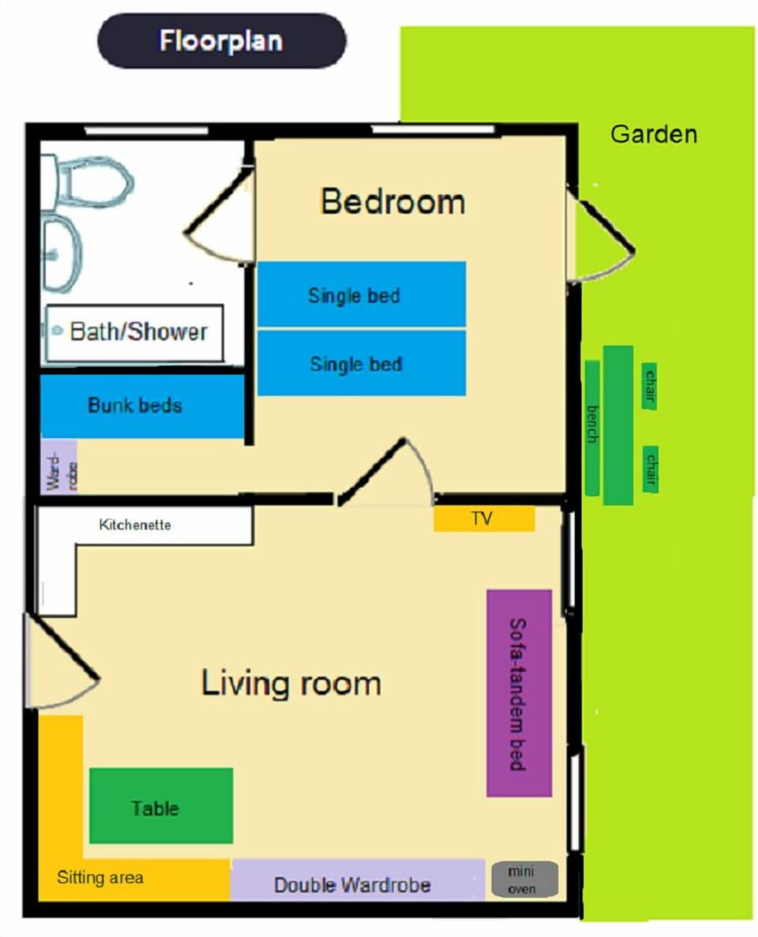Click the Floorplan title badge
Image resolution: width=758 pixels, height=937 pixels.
point(221,40)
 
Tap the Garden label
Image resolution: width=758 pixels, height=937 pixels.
point(654,134)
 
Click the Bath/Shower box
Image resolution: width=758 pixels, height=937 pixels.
point(134,332)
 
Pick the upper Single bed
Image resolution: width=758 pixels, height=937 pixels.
point(361,294)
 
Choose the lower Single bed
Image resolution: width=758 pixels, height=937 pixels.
point(361,363)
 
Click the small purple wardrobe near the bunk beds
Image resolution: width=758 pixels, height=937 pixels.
point(58,466)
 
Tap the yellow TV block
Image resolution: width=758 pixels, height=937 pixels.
point(484,519)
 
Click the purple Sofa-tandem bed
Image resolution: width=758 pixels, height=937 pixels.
point(518,693)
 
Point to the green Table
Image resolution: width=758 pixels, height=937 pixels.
point(161,806)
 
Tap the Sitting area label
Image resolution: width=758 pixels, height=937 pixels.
point(100,877)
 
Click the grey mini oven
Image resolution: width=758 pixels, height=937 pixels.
point(524,879)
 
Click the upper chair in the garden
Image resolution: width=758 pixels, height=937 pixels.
point(649,386)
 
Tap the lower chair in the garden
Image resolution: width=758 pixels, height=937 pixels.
point(651,469)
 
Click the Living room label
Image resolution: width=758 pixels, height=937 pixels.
point(291,683)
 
